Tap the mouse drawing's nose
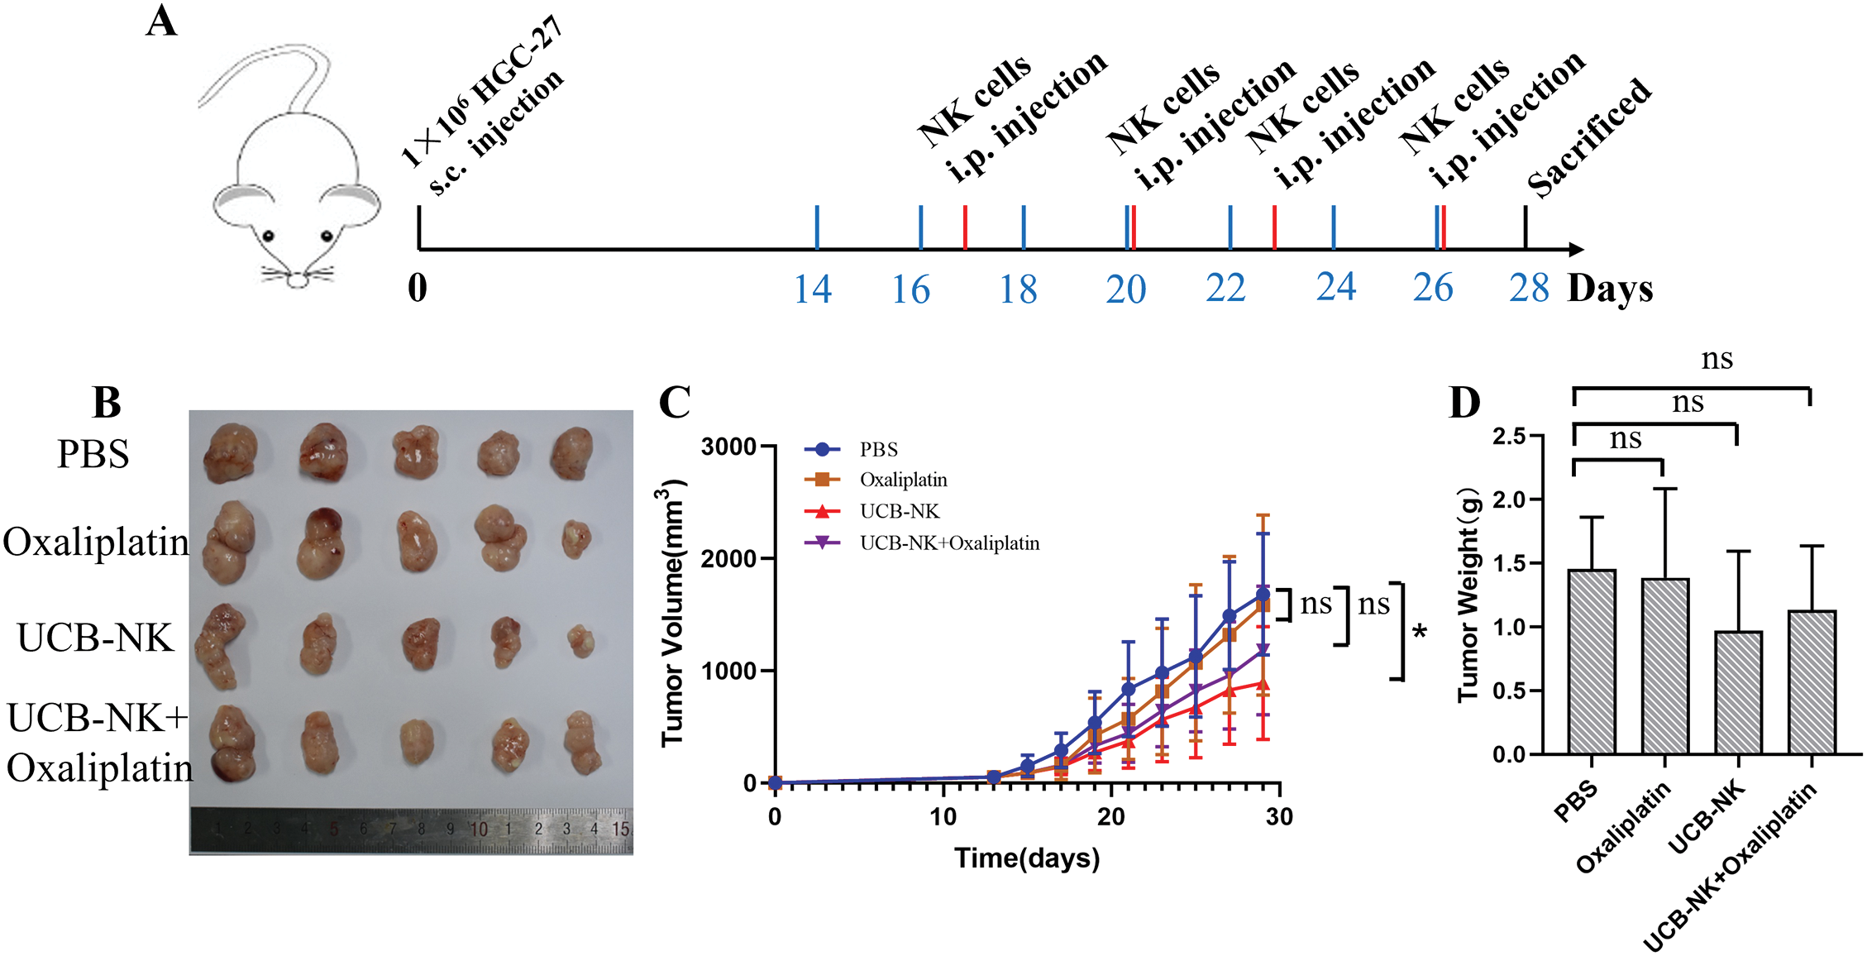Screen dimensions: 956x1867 [x=297, y=283]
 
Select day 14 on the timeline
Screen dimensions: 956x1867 [x=812, y=289]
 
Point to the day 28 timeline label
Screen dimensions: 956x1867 [x=1528, y=289]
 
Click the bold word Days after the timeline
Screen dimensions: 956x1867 [x=1610, y=289]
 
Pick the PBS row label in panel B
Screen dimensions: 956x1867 [x=93, y=454]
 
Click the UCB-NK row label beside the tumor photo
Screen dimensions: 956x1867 [x=95, y=638]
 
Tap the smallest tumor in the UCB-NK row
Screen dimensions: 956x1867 [x=581, y=640]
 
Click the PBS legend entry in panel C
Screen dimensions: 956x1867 [x=878, y=450]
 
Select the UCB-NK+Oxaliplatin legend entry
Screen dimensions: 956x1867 [x=949, y=543]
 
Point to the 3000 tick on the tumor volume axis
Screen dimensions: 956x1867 [x=728, y=447]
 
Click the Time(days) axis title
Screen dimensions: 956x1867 [x=1027, y=858]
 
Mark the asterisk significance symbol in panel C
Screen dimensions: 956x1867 [x=1420, y=633]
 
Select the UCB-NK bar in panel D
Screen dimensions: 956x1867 [x=1738, y=693]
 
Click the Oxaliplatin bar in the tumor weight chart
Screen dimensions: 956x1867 [x=1664, y=667]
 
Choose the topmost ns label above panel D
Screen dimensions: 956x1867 [x=1717, y=359]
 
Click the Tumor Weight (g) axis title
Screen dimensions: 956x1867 [x=1469, y=595]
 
